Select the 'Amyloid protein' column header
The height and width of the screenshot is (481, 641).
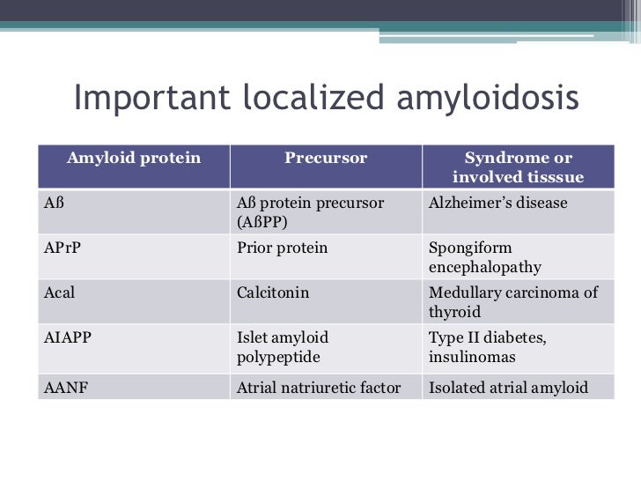[x=134, y=159]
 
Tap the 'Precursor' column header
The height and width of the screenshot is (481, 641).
[x=325, y=159]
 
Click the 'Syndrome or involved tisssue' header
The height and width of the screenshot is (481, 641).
[x=518, y=168]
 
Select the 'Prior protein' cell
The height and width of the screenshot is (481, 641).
[x=282, y=248]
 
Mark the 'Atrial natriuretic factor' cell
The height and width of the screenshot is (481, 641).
[x=318, y=387]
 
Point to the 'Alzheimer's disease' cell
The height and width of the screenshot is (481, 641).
[x=497, y=203]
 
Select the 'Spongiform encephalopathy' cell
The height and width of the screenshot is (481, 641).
[x=484, y=257]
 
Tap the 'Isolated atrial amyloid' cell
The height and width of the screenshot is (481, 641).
[x=507, y=387]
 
